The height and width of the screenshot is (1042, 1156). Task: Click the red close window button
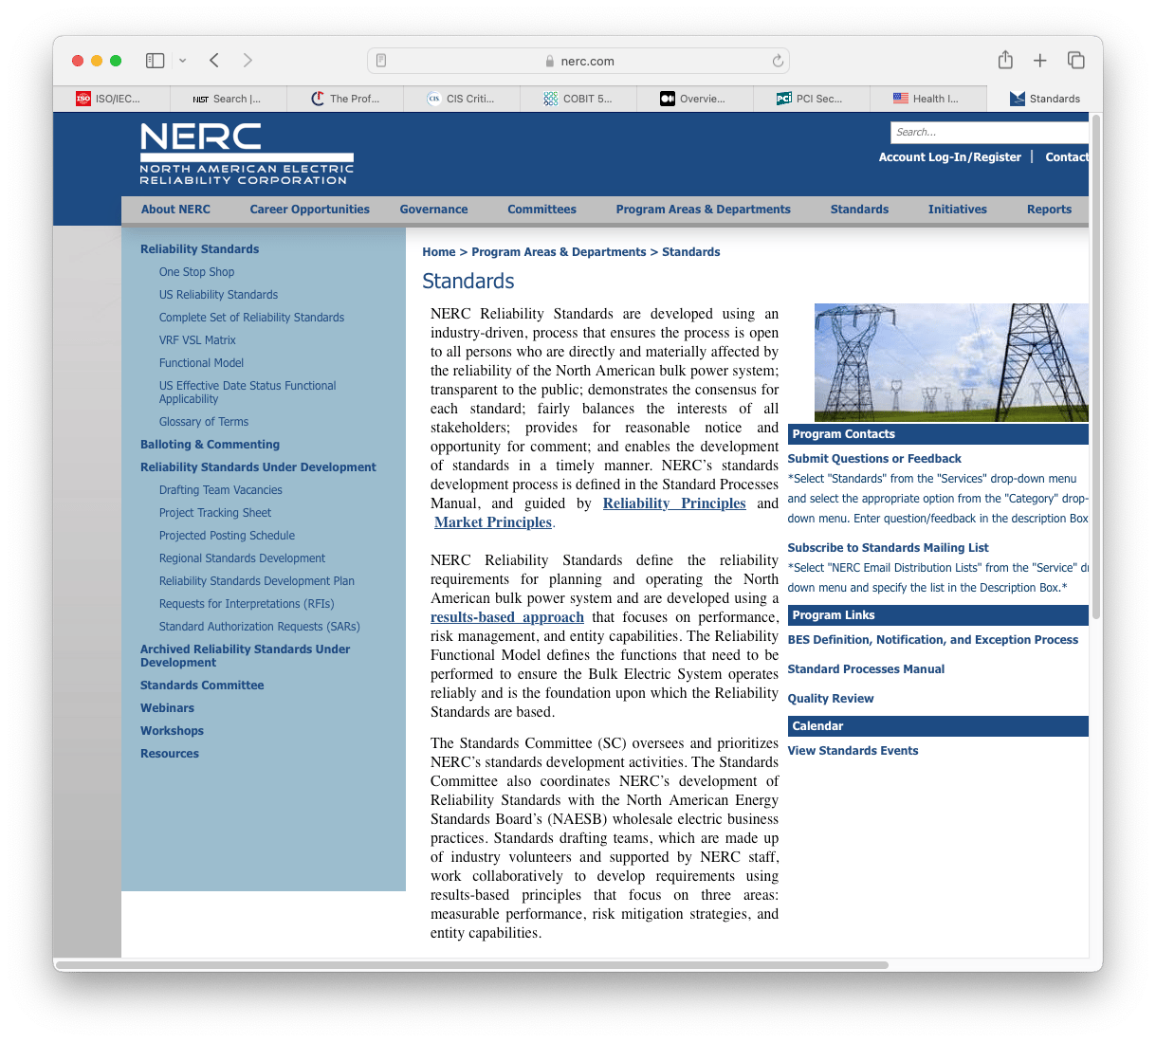(78, 61)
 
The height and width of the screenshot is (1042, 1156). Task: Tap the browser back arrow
(214, 61)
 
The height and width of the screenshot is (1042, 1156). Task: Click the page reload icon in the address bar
(778, 61)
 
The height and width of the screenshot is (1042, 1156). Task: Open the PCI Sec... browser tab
(810, 99)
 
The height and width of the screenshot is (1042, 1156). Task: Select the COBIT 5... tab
(578, 99)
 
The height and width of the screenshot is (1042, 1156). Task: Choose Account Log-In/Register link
(949, 157)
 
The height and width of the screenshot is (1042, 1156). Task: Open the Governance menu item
(433, 210)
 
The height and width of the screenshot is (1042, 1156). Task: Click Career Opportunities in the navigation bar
(309, 210)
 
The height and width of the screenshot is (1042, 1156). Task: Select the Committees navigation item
(541, 210)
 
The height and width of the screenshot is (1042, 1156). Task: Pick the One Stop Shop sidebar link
(196, 272)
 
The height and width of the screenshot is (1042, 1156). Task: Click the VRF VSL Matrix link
(197, 340)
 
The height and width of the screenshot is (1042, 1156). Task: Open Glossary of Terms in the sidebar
(204, 422)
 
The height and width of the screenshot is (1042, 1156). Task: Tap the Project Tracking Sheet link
(215, 513)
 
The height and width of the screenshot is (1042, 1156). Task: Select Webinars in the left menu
(167, 708)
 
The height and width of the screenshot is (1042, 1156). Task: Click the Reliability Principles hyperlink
(674, 503)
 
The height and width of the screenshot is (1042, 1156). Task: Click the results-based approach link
(507, 617)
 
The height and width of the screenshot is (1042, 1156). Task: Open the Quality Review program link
(831, 699)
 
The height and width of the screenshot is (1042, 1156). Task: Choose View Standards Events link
(853, 751)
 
